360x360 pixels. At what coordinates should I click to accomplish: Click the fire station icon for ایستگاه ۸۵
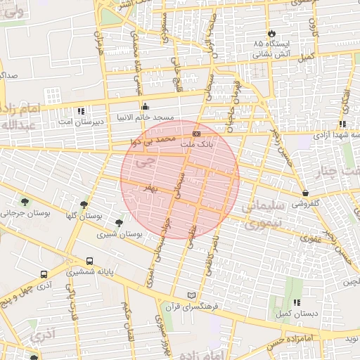(x=271, y=33)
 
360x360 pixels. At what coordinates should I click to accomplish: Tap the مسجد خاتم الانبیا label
(x=146, y=119)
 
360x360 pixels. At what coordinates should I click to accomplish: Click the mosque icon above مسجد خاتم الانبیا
(x=146, y=107)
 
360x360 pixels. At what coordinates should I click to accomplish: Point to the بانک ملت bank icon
(x=196, y=133)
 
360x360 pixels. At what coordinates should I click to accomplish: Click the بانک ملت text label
(x=197, y=143)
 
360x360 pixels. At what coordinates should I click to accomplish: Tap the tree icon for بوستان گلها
(x=84, y=205)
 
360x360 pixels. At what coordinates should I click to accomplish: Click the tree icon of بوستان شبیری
(x=120, y=223)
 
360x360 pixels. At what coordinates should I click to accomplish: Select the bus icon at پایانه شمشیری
(x=89, y=261)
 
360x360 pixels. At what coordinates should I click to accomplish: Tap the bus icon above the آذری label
(x=44, y=274)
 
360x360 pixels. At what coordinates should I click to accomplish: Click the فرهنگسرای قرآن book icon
(x=193, y=295)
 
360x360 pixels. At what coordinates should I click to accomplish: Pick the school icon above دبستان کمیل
(x=296, y=302)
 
